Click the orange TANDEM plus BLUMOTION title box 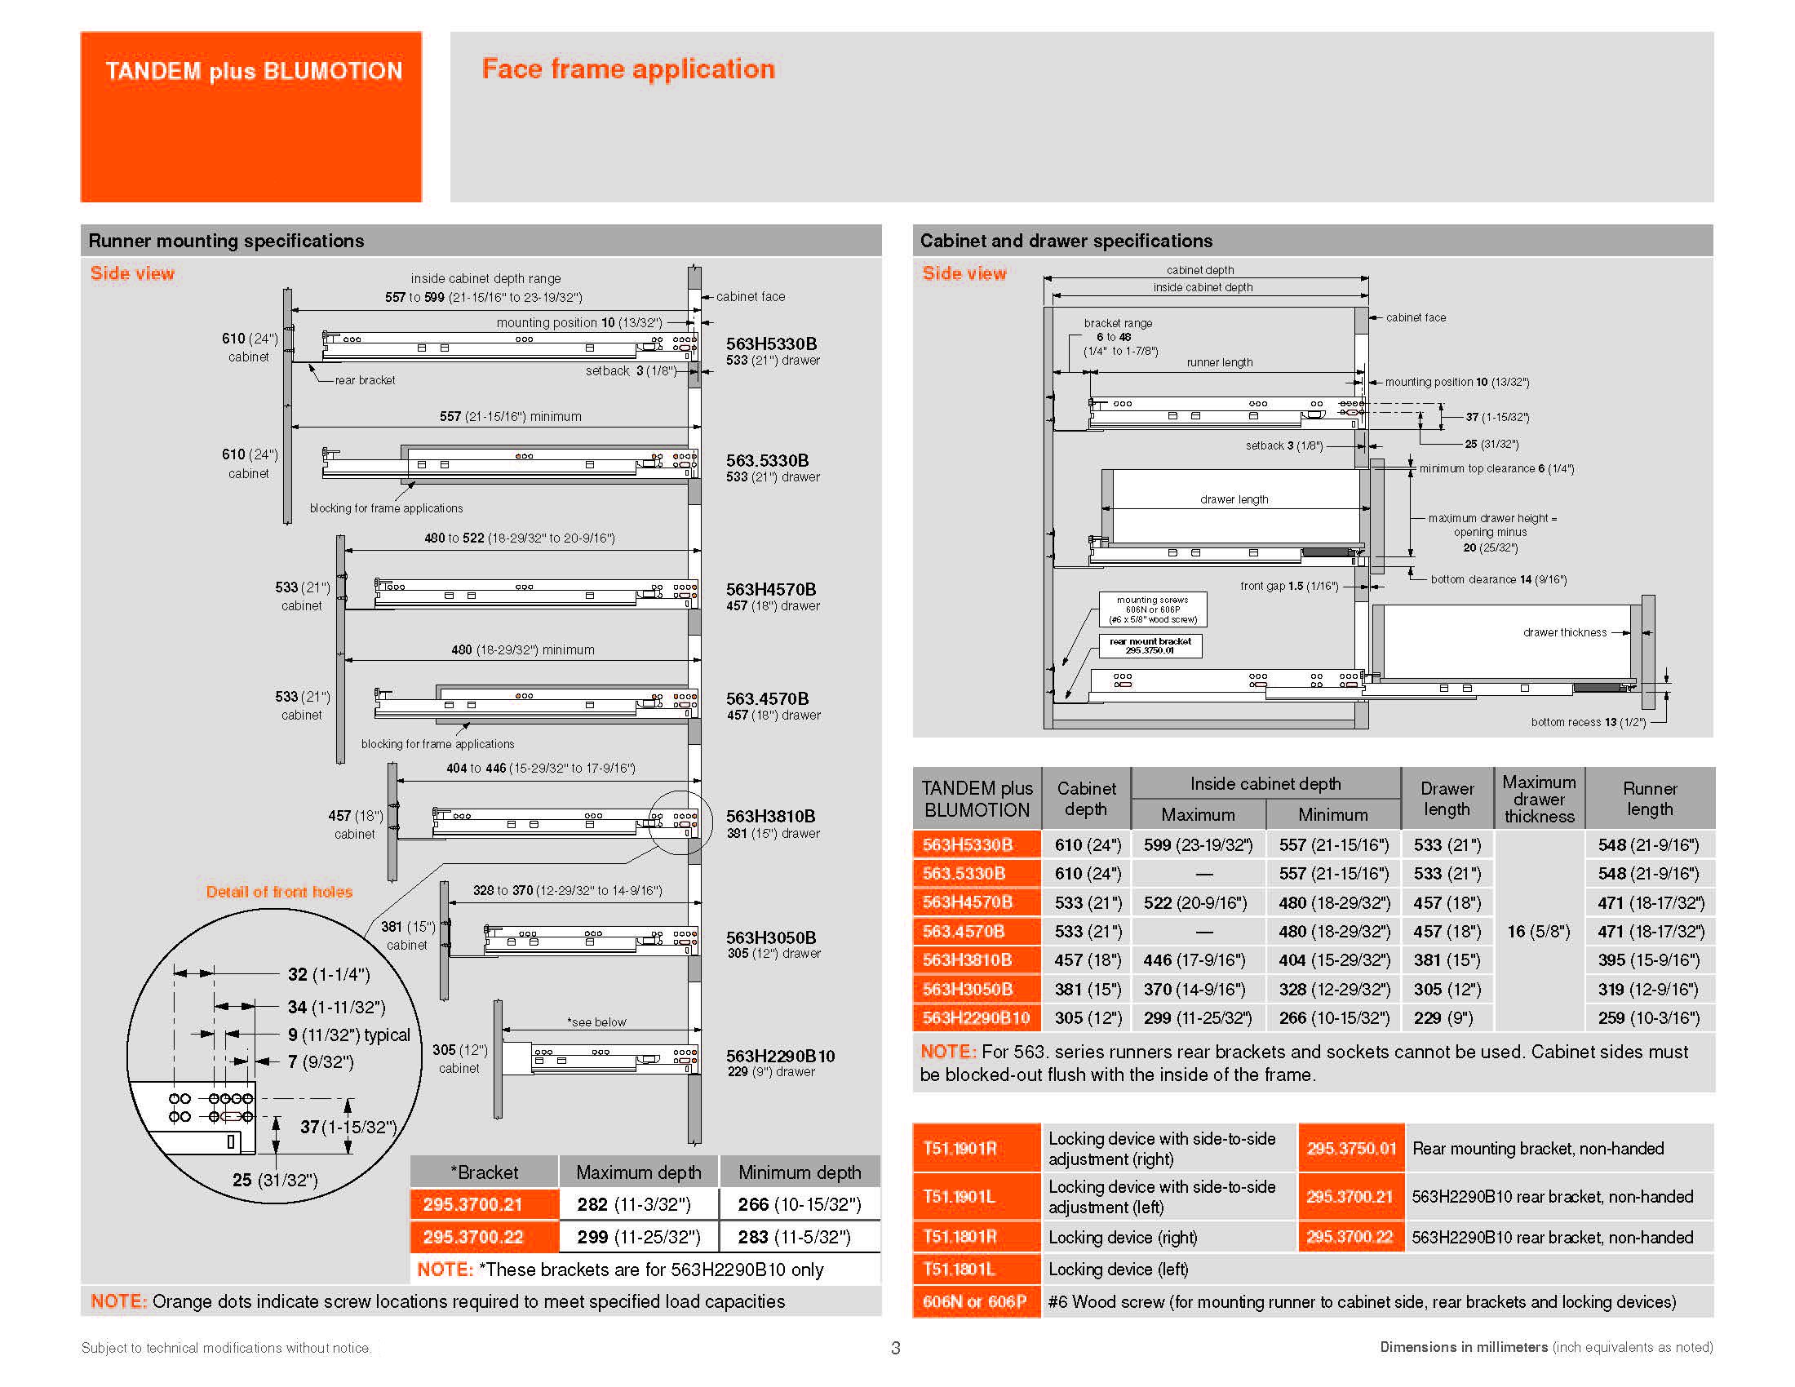(250, 116)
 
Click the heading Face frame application (628, 69)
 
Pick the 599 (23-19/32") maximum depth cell (1198, 844)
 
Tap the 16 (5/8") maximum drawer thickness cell (1539, 931)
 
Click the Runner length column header (1649, 798)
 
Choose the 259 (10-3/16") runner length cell (1649, 1017)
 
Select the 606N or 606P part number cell (976, 1301)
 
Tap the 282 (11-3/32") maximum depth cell (639, 1204)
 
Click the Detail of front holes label (279, 892)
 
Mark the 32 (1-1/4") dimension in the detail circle (329, 974)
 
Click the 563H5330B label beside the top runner (771, 343)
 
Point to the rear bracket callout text (365, 380)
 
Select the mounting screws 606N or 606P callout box (1152, 609)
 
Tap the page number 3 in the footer (896, 1348)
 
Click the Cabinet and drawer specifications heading (1066, 241)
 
